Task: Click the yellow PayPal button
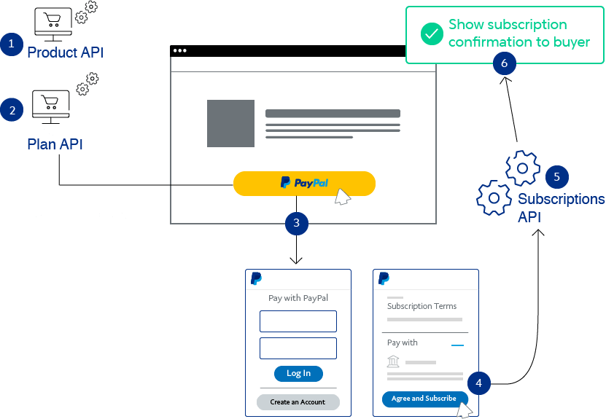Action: (x=304, y=183)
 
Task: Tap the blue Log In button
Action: (x=298, y=373)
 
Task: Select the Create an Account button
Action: (x=298, y=402)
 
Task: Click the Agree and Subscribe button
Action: (x=424, y=399)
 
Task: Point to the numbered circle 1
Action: (x=11, y=44)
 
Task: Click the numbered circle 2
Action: (x=11, y=111)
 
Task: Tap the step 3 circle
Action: (x=296, y=223)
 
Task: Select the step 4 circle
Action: (x=478, y=383)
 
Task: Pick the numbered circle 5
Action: (x=556, y=176)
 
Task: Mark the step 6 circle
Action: (x=504, y=63)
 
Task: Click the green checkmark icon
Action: (x=432, y=34)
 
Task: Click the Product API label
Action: (x=65, y=52)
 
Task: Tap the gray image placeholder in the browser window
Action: (x=230, y=123)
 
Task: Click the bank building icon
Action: (x=393, y=362)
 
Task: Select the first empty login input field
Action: (x=298, y=321)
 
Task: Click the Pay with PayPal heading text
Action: (x=298, y=298)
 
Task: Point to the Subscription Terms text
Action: (x=422, y=307)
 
